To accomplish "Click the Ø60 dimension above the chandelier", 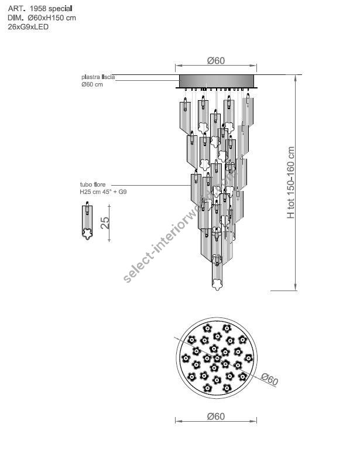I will [216, 61].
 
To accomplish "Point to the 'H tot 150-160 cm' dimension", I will [291, 182].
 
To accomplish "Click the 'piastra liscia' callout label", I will [98, 77].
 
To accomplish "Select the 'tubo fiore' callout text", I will [93, 184].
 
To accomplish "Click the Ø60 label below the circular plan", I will [216, 416].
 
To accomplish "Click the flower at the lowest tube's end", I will [217, 283].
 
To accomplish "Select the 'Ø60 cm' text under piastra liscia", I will [92, 84].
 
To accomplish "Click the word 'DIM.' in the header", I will [15, 18].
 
